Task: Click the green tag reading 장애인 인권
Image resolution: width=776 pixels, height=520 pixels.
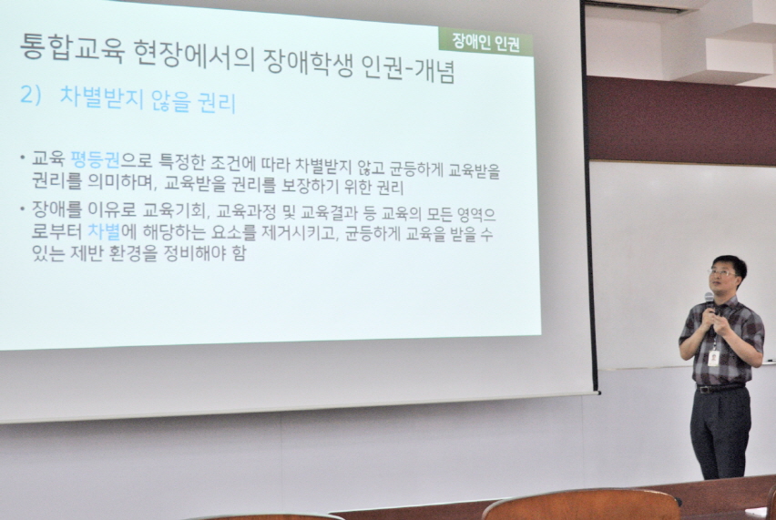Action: pyautogui.click(x=485, y=42)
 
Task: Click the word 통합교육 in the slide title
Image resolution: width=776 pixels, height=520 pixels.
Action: pyautogui.click(x=72, y=48)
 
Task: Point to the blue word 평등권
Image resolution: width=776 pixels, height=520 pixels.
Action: pyautogui.click(x=95, y=158)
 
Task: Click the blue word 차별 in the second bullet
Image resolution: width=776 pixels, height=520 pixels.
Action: pyautogui.click(x=104, y=231)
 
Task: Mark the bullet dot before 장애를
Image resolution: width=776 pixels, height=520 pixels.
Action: pyautogui.click(x=23, y=208)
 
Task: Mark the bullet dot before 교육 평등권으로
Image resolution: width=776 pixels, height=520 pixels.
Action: pyautogui.click(x=23, y=158)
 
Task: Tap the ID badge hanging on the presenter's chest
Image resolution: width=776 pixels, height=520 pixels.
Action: pyautogui.click(x=713, y=357)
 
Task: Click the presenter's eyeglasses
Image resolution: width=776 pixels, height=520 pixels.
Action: pyautogui.click(x=723, y=272)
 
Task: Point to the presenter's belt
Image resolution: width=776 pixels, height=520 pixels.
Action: pyautogui.click(x=720, y=388)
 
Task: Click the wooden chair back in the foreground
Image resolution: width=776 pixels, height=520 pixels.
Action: pyautogui.click(x=580, y=505)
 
